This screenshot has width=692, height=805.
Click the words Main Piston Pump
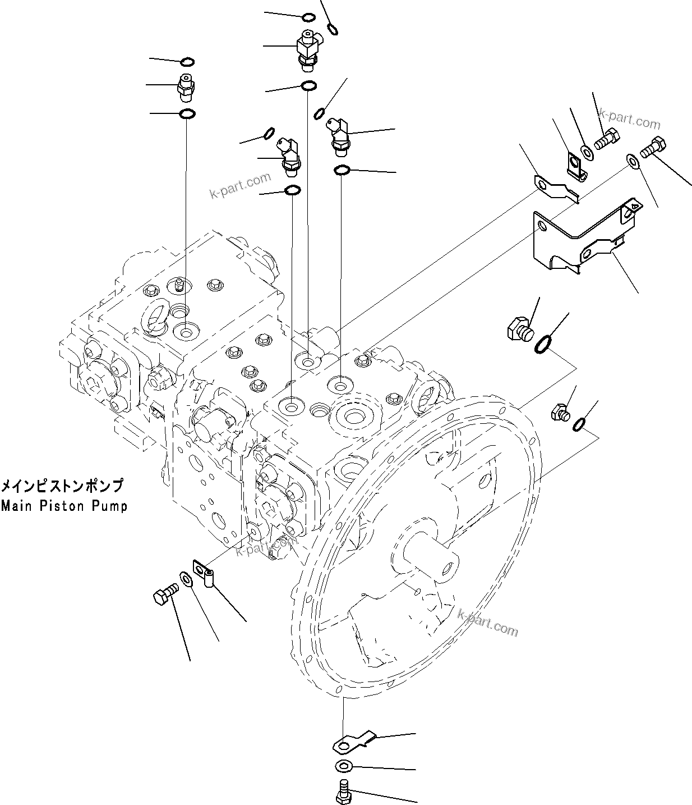tap(64, 506)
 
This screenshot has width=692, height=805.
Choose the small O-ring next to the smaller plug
tap(580, 426)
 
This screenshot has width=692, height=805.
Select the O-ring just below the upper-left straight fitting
tap(187, 114)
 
